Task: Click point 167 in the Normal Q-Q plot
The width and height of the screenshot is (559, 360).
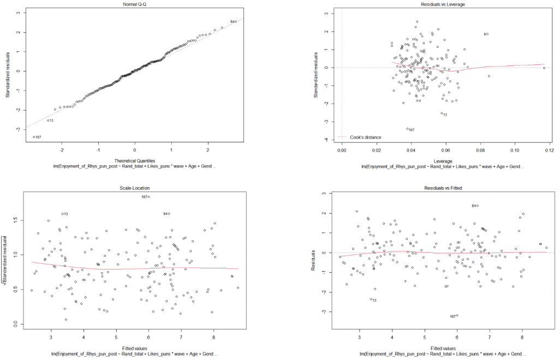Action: (33, 137)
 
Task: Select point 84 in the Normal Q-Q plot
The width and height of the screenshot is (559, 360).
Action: (236, 22)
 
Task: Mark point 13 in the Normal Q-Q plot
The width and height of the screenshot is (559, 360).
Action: (47, 120)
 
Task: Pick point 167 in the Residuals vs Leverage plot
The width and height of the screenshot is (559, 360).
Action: (407, 129)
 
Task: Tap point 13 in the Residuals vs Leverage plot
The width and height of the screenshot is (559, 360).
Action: (441, 113)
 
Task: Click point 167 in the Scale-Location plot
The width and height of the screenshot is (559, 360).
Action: (149, 197)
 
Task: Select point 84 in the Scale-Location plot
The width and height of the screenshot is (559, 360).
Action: (169, 213)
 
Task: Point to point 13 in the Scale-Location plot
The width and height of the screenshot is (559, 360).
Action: (62, 214)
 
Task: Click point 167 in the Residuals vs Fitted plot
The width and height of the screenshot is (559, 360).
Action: (457, 315)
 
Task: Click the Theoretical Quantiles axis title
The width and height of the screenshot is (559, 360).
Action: (134, 161)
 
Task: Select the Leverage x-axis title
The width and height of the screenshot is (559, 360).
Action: (445, 161)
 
